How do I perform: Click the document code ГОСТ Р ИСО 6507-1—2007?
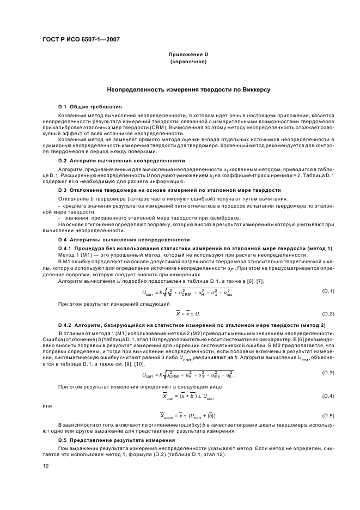[x=82, y=39]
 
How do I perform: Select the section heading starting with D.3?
[x=169, y=190]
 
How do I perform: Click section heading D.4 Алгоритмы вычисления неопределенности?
[x=124, y=240]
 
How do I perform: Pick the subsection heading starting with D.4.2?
[x=192, y=325]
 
